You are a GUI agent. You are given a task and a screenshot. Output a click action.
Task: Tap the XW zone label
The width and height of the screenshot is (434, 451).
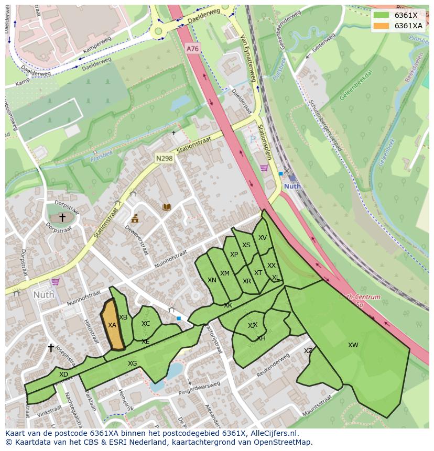point(353,345)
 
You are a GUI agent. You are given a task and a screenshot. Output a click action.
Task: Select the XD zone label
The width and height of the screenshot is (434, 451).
point(63,375)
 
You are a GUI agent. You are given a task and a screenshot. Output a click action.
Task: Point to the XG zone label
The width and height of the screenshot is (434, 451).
point(132,364)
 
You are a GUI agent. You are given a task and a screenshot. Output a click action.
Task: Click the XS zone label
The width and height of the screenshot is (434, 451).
point(246,245)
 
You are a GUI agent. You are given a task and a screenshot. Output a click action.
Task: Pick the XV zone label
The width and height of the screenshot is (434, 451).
point(263,238)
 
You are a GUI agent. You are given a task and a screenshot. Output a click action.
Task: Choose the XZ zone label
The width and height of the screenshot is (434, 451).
point(308,351)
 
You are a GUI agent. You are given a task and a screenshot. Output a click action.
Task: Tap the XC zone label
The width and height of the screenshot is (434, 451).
point(146,324)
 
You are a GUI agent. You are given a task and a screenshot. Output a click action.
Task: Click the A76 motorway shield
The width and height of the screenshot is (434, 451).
point(192,49)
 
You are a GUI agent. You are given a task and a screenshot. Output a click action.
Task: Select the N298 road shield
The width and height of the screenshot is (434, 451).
point(164,158)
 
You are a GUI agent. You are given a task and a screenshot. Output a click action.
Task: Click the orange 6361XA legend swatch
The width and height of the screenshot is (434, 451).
point(382,26)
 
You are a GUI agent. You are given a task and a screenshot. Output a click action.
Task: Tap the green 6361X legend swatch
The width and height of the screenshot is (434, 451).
point(382,15)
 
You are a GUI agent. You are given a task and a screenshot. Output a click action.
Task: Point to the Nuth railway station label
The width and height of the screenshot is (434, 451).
point(292,186)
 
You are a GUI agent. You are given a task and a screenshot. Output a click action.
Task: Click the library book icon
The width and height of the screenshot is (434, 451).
point(167,207)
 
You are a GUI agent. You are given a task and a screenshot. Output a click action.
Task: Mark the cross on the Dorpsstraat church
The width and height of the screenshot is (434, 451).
point(62,217)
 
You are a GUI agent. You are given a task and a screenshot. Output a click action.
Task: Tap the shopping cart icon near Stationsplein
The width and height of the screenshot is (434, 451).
point(264,168)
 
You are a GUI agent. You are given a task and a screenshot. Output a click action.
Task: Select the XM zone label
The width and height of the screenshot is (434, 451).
point(225,273)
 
